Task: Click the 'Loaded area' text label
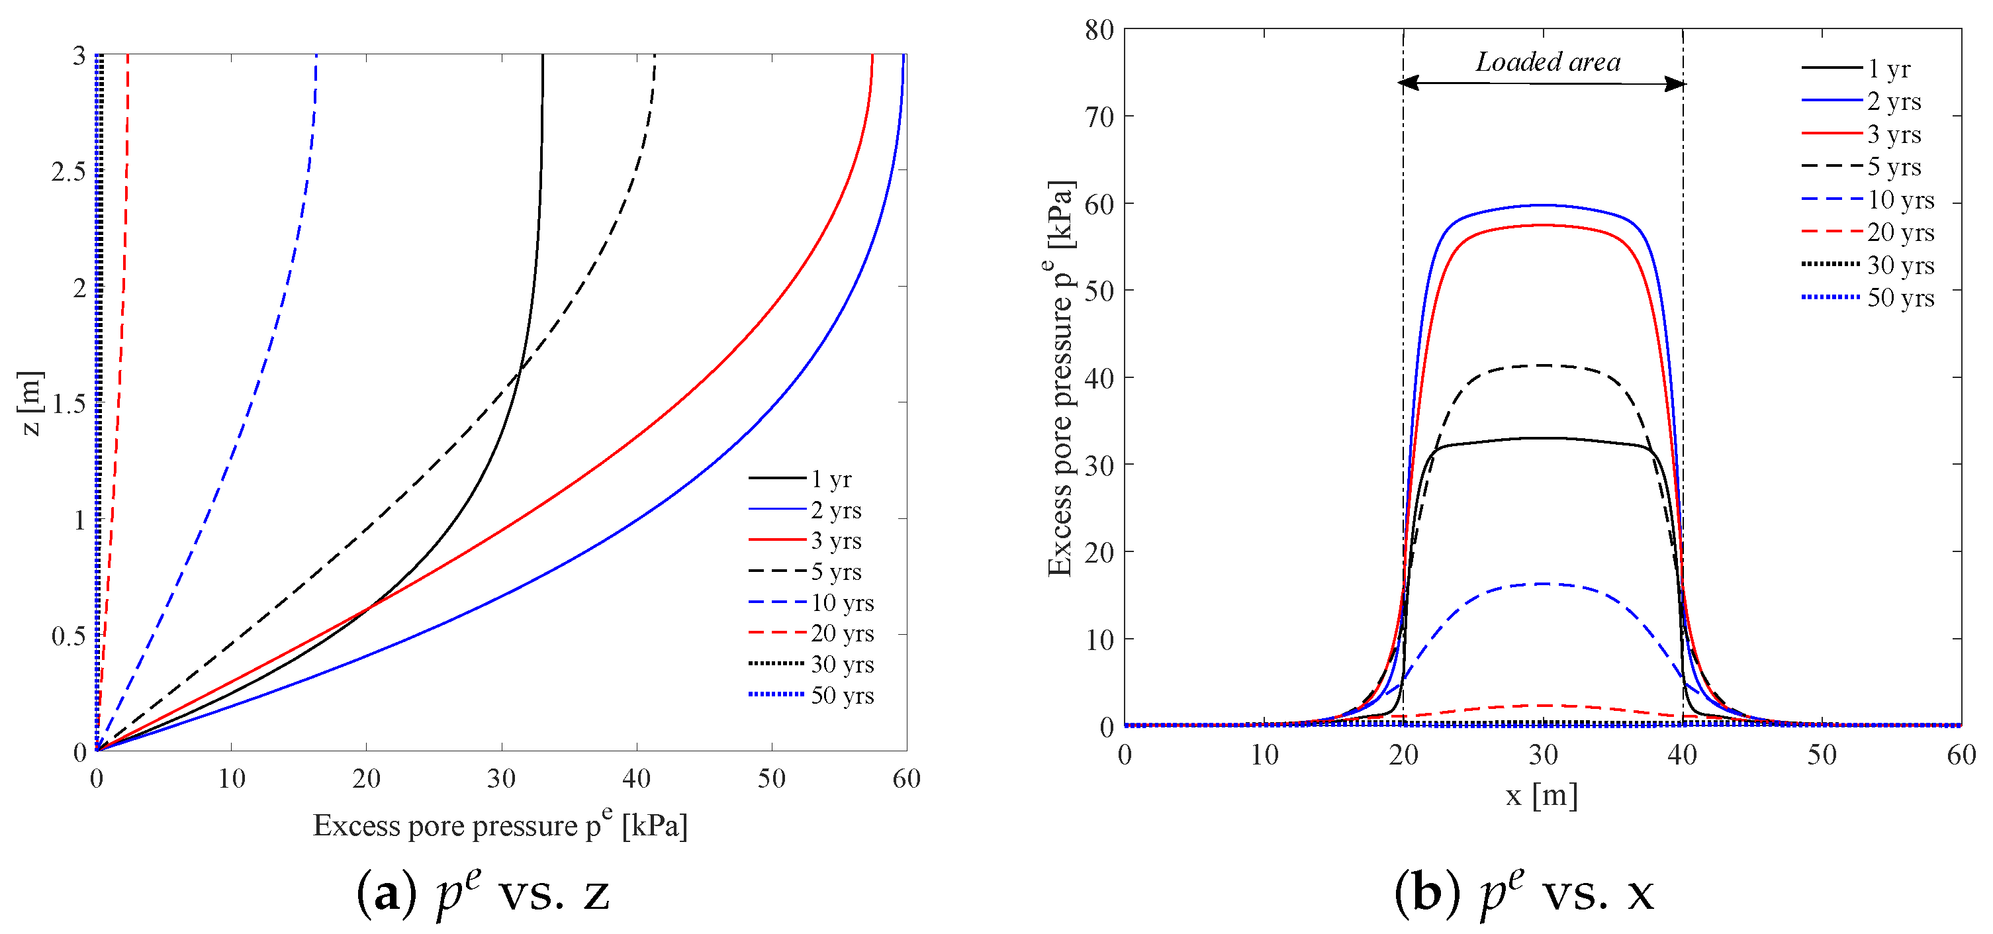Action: tap(1548, 62)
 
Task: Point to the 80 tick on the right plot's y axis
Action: tap(1099, 30)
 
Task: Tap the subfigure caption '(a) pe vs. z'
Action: tap(484, 892)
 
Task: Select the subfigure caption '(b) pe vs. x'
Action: tap(1524, 892)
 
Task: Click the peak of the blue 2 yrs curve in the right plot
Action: tap(1542, 205)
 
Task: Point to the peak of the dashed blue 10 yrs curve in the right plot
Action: tap(1543, 583)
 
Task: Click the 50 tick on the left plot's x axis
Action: tap(771, 778)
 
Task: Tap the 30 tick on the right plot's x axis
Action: tap(1543, 755)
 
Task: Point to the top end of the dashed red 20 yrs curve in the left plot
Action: tap(128, 56)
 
